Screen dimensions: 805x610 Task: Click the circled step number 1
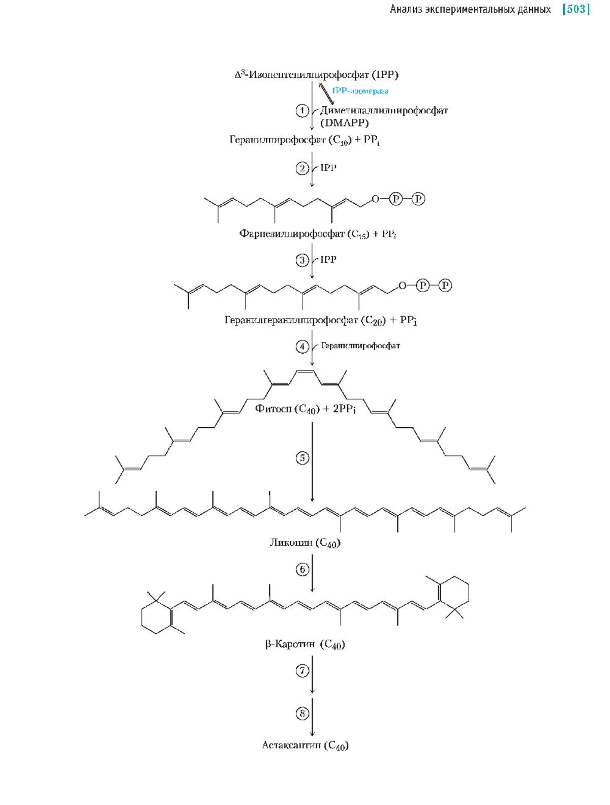(302, 110)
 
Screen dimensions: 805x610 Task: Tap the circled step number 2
(302, 168)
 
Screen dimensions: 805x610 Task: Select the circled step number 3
(302, 260)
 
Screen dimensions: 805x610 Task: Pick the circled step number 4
(302, 347)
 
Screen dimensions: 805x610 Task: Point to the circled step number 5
(302, 458)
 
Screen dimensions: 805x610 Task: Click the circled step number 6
(302, 569)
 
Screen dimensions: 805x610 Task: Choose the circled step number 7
(302, 671)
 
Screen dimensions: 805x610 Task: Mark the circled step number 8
(302, 714)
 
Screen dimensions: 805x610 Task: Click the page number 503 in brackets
(576, 9)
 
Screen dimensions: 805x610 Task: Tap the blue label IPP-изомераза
(360, 91)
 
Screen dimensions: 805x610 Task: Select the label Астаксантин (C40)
(305, 746)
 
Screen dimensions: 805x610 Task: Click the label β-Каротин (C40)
(305, 644)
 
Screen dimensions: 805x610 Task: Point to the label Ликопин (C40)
(305, 543)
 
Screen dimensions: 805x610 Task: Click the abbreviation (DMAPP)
(344, 123)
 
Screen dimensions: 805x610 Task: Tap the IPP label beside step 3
(328, 260)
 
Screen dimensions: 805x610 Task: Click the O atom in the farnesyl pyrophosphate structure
(375, 199)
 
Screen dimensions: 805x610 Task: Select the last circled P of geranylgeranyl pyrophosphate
(445, 286)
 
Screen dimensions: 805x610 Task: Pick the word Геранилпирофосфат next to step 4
(360, 346)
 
